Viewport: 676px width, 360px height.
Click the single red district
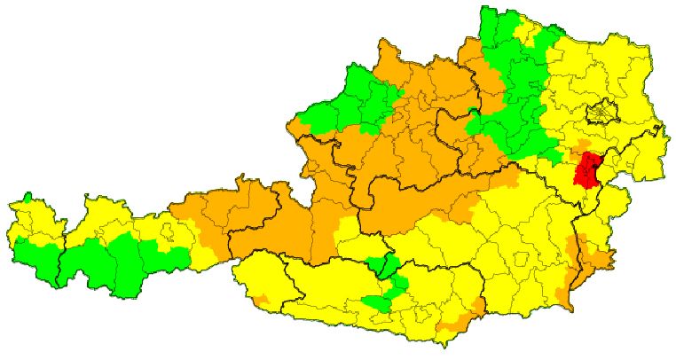[x=587, y=168]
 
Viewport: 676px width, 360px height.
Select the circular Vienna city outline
[x=601, y=113]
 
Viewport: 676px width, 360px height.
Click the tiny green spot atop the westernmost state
[x=28, y=197]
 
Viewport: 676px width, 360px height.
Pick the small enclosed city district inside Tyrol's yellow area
[x=165, y=232]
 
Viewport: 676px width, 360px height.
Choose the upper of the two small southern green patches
[x=383, y=264]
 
